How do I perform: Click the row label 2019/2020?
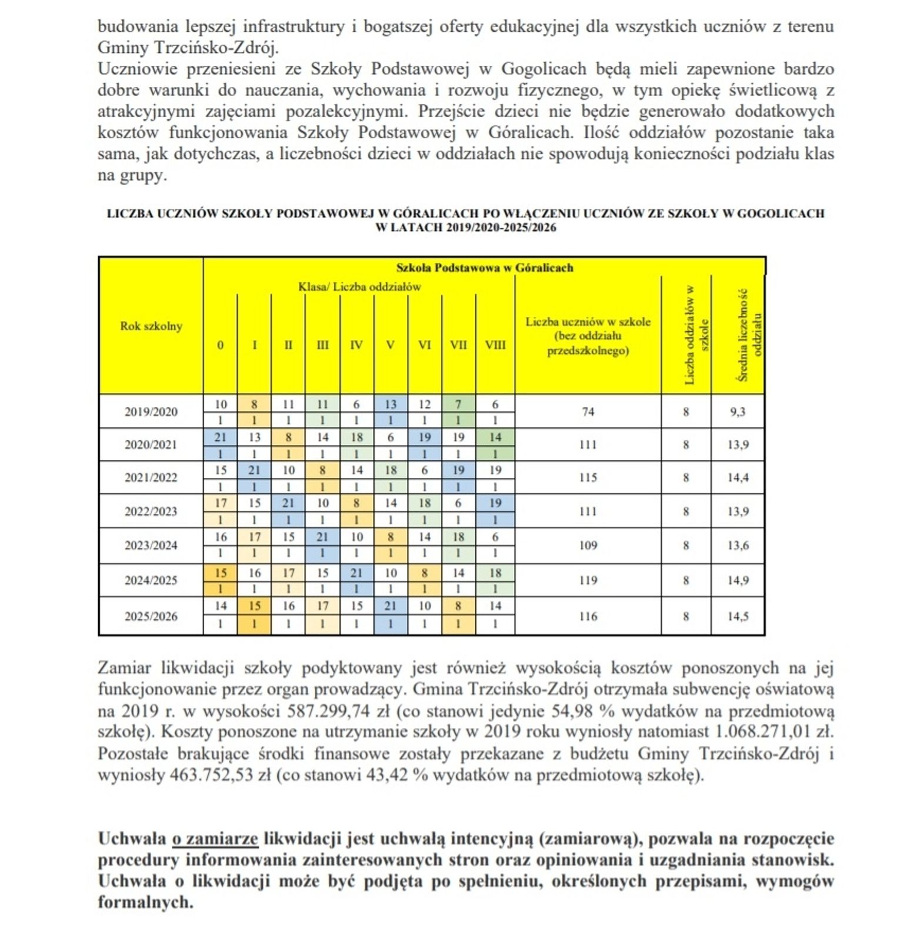pyautogui.click(x=151, y=412)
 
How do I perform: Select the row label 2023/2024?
pyautogui.click(x=151, y=545)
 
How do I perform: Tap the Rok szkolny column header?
pyautogui.click(x=151, y=326)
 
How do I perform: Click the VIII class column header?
pyautogui.click(x=495, y=345)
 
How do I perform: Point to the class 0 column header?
pyautogui.click(x=220, y=345)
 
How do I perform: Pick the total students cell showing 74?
pyautogui.click(x=588, y=412)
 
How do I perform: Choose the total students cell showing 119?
pyautogui.click(x=588, y=580)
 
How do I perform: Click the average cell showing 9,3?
pyautogui.click(x=738, y=412)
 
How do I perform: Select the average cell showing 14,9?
pyautogui.click(x=738, y=580)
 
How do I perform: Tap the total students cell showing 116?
pyautogui.click(x=588, y=616)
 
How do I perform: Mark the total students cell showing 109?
pyautogui.click(x=588, y=545)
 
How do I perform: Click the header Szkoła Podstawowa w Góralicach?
pyautogui.click(x=484, y=268)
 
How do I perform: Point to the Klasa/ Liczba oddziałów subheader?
pyautogui.click(x=359, y=287)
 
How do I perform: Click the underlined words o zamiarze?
pyautogui.click(x=215, y=838)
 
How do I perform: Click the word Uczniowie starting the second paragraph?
pyautogui.click(x=138, y=69)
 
